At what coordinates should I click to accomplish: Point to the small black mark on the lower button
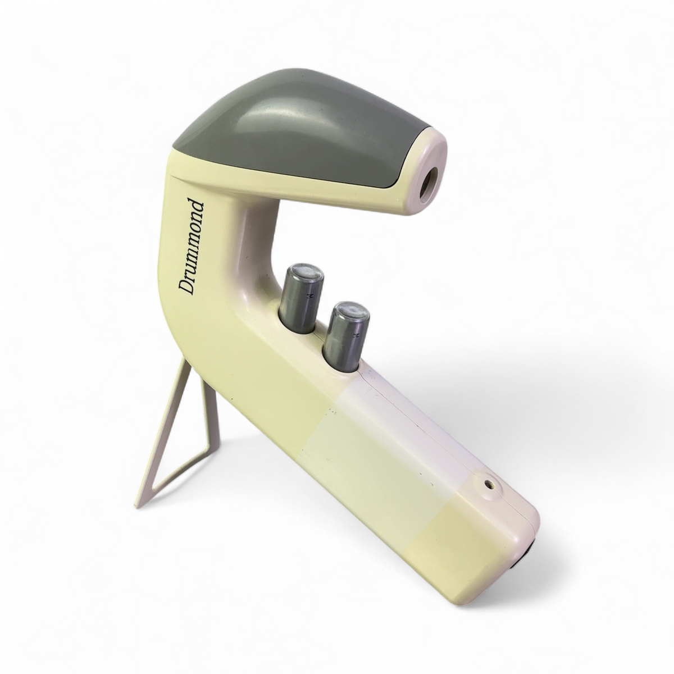(x=357, y=336)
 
